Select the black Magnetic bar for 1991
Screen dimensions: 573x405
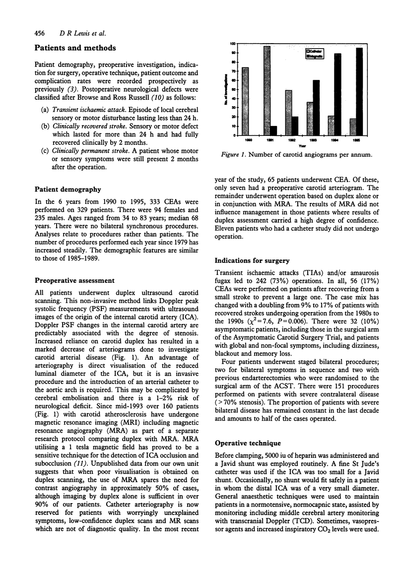click(x=273, y=131)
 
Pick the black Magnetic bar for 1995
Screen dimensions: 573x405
click(x=359, y=92)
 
